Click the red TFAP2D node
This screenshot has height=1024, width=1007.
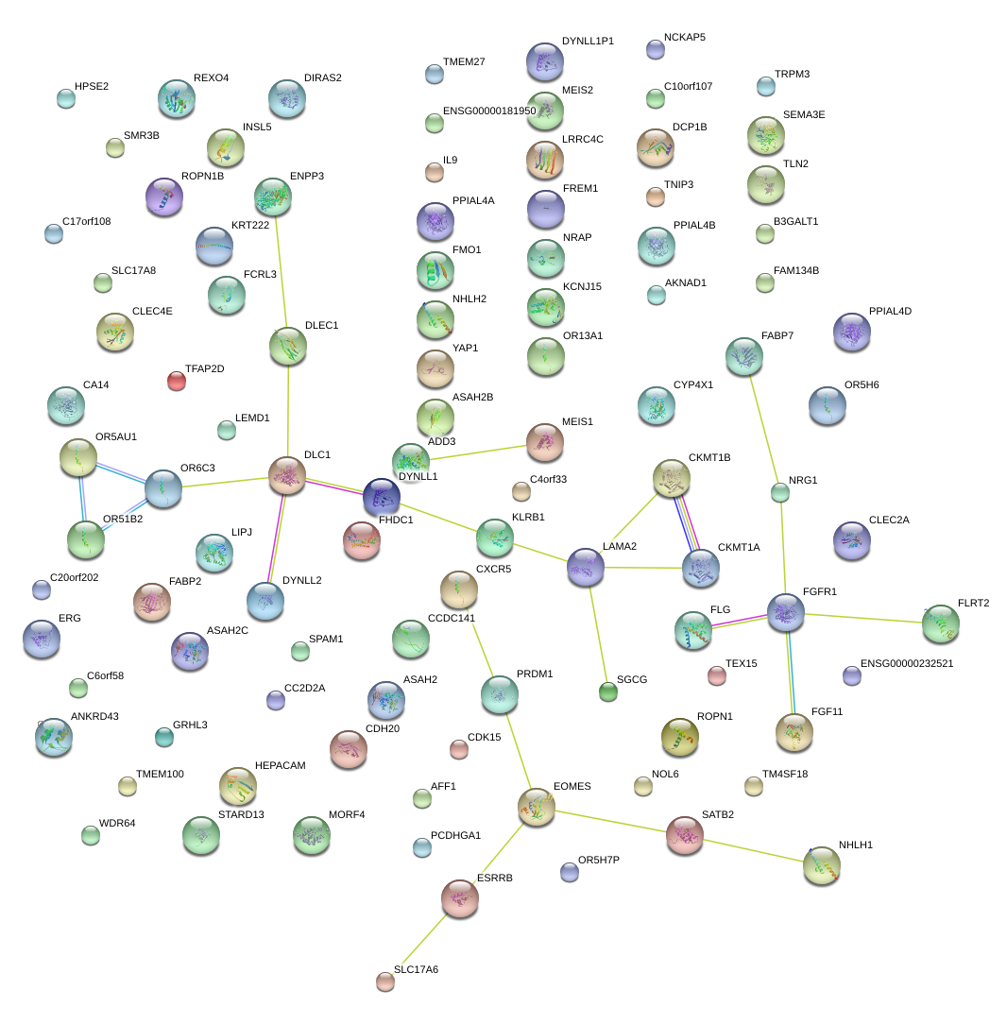coord(177,381)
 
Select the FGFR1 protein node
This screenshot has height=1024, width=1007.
coord(785,612)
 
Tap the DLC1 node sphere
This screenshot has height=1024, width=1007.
coord(287,475)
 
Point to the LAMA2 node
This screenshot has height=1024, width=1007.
coord(586,567)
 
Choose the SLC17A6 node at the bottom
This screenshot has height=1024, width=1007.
coord(384,981)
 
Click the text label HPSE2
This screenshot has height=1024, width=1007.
coord(92,87)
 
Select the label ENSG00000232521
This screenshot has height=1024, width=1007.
coord(907,663)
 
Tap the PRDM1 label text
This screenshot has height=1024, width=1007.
coord(535,674)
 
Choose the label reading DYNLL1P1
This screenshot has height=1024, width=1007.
coord(588,42)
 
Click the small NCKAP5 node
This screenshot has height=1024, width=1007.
coord(656,49)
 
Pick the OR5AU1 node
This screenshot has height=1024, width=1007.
coord(78,457)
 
